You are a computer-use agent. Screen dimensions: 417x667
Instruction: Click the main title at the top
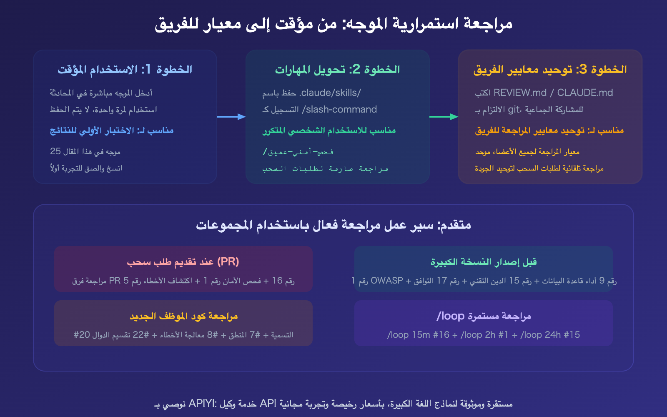click(x=333, y=24)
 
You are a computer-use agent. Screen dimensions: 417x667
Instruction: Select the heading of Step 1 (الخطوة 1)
click(x=125, y=70)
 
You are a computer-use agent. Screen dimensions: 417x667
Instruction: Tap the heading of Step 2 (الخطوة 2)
click(x=337, y=70)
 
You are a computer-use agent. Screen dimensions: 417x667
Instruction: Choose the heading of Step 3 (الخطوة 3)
click(x=550, y=70)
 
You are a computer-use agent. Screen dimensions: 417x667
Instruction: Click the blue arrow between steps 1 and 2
click(x=231, y=117)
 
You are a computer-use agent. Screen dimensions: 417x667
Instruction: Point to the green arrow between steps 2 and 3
click(x=444, y=117)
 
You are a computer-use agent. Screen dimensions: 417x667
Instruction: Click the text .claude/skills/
click(x=330, y=93)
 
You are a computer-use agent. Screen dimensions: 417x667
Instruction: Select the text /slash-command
click(x=339, y=109)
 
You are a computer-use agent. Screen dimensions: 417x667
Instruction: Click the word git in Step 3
click(x=514, y=109)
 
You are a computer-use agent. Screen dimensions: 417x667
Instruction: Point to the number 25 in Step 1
click(x=55, y=151)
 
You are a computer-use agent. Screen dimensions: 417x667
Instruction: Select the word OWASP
click(x=387, y=281)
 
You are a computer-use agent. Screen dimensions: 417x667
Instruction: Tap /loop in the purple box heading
click(x=450, y=316)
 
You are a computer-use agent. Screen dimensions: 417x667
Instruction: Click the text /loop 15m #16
click(x=418, y=335)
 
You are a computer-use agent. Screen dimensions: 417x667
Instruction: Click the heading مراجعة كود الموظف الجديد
click(x=183, y=316)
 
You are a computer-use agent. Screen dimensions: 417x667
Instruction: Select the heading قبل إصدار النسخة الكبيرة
click(x=484, y=262)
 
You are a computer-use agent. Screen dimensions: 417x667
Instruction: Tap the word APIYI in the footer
click(x=202, y=404)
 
